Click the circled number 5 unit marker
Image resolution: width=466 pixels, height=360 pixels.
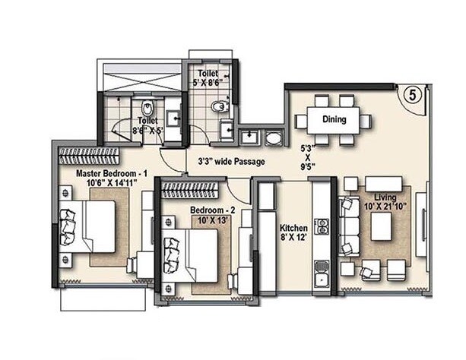tap(411, 96)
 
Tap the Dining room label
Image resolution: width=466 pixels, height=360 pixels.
tap(334, 119)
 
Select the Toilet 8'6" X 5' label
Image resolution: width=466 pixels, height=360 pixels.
tap(147, 125)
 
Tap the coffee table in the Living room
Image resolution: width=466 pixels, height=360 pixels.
tap(381, 226)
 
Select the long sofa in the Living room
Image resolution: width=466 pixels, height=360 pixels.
tap(350, 226)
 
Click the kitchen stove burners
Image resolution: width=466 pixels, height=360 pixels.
tap(322, 226)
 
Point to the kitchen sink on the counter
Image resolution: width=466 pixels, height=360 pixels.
tap(322, 270)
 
